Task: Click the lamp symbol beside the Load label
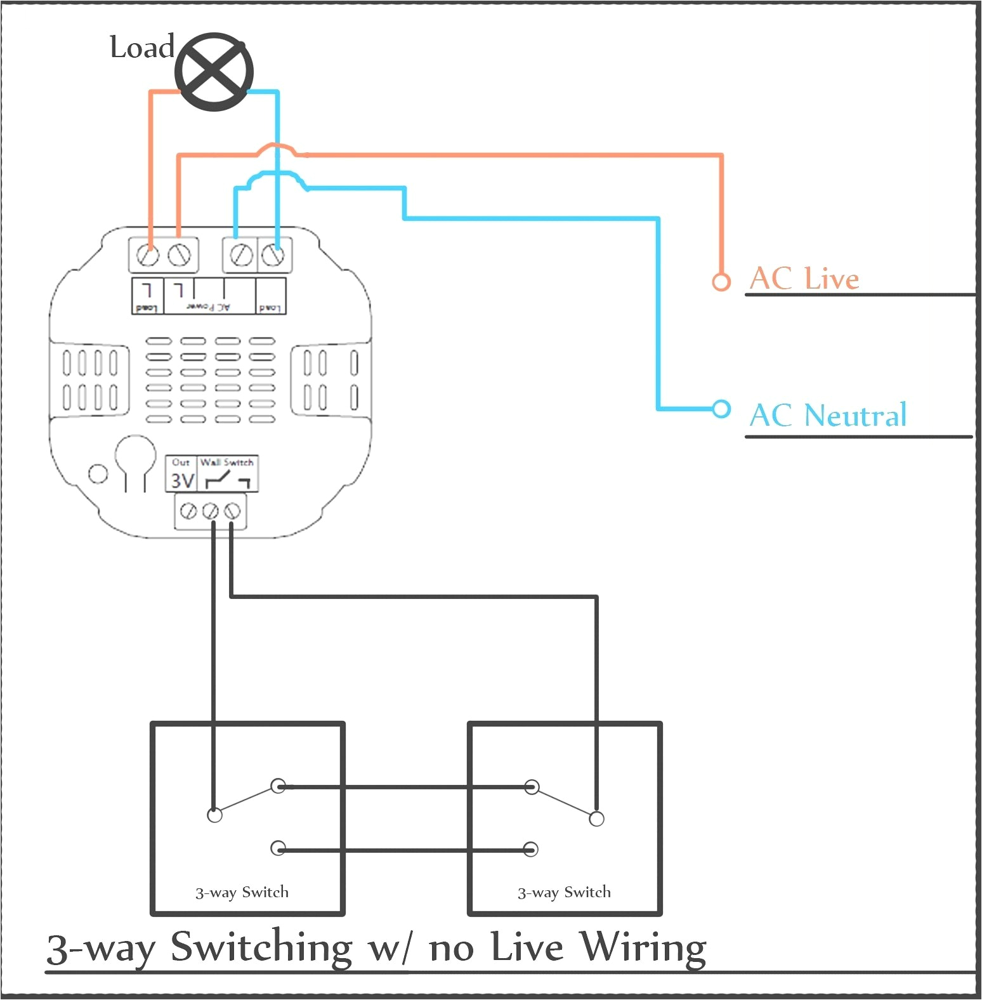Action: [x=214, y=72]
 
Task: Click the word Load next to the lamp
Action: [x=141, y=48]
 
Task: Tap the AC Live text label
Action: [x=804, y=279]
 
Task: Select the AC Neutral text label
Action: [x=828, y=416]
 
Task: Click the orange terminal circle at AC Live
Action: [x=721, y=281]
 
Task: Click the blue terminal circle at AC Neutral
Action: [x=721, y=409]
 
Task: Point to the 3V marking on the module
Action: [x=182, y=480]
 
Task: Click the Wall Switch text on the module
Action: [x=226, y=463]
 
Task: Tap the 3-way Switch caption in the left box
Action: [x=242, y=892]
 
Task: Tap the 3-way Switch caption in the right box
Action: [x=564, y=892]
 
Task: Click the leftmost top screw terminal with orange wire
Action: [x=148, y=256]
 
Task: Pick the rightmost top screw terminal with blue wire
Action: [x=273, y=255]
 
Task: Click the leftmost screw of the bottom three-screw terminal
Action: [x=188, y=511]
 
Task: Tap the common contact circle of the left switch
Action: [x=215, y=815]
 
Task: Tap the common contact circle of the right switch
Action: [x=596, y=819]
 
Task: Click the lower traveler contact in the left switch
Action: [x=278, y=848]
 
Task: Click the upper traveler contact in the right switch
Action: [x=532, y=787]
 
